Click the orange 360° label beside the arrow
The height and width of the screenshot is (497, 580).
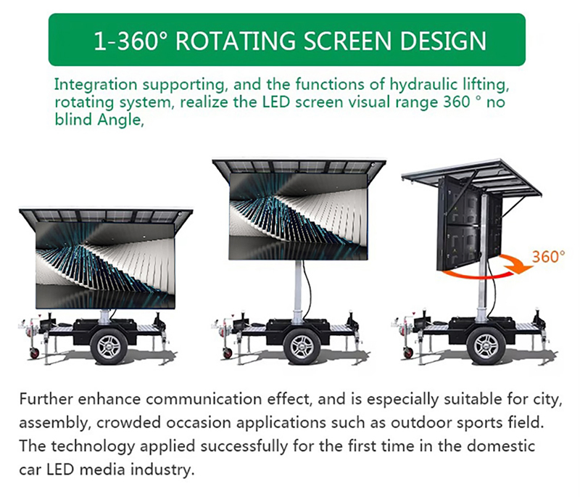tap(547, 257)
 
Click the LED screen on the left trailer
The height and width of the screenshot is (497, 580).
tap(106, 265)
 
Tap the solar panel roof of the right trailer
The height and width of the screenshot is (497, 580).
tap(471, 174)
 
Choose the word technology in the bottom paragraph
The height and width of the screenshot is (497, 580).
tap(88, 445)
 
